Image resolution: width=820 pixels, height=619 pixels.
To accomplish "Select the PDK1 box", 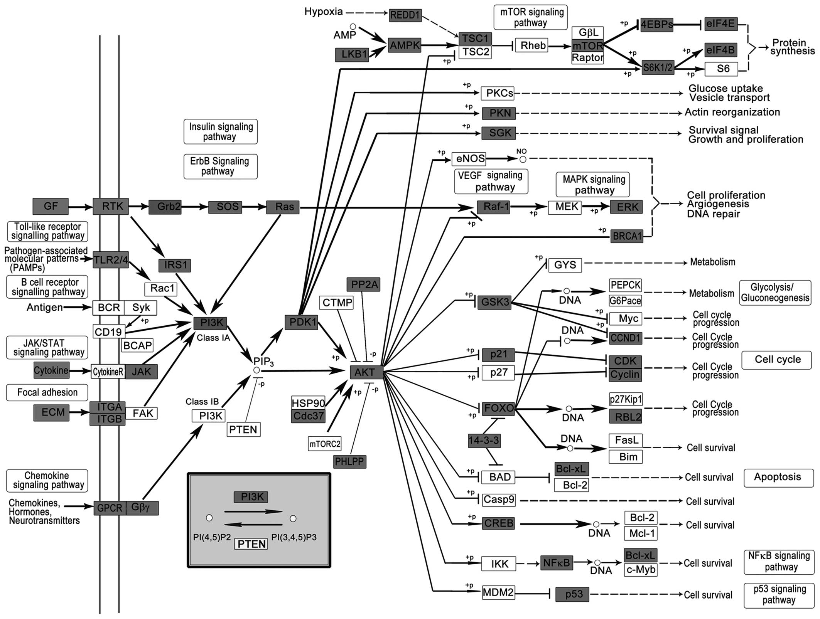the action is pyautogui.click(x=301, y=322).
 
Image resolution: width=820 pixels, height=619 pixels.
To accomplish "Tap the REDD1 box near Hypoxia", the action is pyautogui.click(x=405, y=15).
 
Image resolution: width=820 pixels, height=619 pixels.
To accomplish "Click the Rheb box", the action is pyautogui.click(x=533, y=45).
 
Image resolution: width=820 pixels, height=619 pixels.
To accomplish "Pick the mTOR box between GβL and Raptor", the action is pyautogui.click(x=587, y=46).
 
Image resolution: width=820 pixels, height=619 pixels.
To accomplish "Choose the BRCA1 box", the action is pyautogui.click(x=627, y=236).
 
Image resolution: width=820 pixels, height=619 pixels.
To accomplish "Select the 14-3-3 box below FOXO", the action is pyautogui.click(x=484, y=441).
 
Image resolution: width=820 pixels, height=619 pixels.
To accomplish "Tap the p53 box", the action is pyautogui.click(x=572, y=594).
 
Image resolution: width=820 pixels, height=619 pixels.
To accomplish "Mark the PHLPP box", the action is pyautogui.click(x=350, y=461).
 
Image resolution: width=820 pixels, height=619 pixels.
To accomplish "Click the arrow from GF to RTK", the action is pyautogui.click(x=80, y=207).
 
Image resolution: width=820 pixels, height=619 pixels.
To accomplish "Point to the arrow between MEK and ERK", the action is pyautogui.click(x=596, y=207).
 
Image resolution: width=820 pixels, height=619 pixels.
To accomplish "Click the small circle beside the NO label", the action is pyautogui.click(x=523, y=159).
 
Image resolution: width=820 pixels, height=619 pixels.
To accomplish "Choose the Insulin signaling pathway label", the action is pyautogui.click(x=221, y=131).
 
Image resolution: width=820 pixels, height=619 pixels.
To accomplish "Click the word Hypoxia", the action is pyautogui.click(x=324, y=12).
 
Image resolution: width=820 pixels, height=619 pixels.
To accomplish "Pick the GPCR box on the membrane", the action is pyautogui.click(x=110, y=508).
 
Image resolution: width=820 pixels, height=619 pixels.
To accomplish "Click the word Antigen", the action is pyautogui.click(x=45, y=308).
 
